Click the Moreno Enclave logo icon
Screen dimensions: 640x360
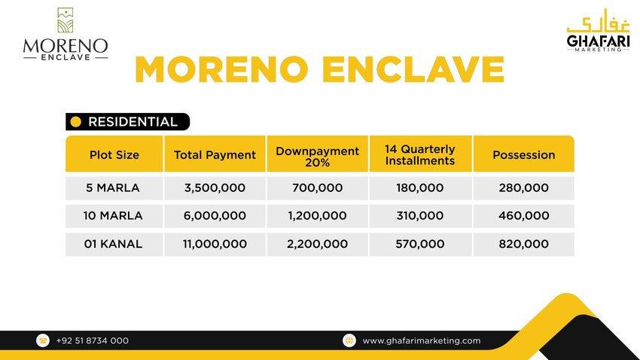coord(66,20)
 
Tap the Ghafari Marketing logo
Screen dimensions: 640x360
coord(598,31)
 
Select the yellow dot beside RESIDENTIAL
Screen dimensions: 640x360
coord(75,122)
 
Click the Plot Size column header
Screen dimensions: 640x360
coord(114,154)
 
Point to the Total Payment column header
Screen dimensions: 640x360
coord(215,154)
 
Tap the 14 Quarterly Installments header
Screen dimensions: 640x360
coord(420,154)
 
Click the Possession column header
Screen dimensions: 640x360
coord(524,154)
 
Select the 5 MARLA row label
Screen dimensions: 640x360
coord(113,188)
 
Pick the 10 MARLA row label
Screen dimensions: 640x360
coord(113,215)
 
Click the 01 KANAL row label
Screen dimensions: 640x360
coord(113,244)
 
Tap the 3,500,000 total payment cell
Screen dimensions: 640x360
coord(215,188)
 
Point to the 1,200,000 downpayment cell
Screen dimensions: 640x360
coord(317,215)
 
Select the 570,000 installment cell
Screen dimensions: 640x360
coord(419,244)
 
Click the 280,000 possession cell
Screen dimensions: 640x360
coord(524,188)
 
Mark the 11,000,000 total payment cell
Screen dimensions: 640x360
coord(215,244)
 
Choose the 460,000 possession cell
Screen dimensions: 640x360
coord(524,215)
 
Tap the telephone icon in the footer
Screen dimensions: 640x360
coord(43,340)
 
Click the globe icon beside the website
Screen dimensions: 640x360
coord(349,340)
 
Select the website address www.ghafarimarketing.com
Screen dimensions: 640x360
coord(421,341)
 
